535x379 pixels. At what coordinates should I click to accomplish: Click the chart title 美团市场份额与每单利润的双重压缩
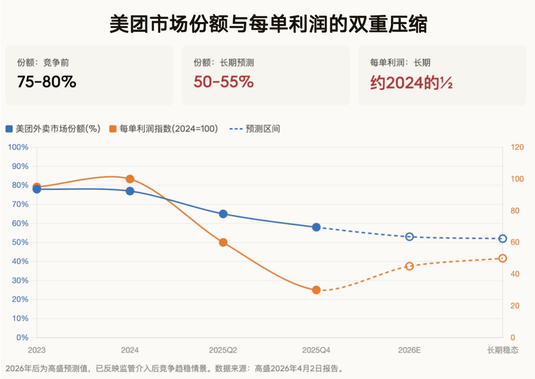point(268,24)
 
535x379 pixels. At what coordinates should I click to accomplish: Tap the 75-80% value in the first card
point(47,82)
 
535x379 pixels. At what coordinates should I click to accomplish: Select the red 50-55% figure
point(223,82)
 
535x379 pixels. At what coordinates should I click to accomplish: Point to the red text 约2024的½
point(411,83)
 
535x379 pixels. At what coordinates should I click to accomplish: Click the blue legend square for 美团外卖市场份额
point(9,129)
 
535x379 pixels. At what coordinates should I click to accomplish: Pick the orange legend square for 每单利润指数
point(113,129)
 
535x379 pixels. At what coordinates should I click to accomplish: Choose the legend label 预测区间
point(263,129)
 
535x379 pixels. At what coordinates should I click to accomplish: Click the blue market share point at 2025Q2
point(223,214)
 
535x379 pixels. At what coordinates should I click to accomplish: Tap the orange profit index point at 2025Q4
point(316,290)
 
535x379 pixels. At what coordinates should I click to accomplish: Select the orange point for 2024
point(130,179)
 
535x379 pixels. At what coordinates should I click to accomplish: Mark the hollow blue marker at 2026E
point(409,237)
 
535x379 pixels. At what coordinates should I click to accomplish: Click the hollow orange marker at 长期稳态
point(503,258)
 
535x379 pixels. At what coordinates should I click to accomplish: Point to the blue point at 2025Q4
point(316,227)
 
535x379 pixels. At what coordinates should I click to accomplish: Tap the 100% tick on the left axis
point(18,147)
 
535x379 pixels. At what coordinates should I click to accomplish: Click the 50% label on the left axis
point(20,242)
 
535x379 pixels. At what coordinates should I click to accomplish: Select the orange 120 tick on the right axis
point(517,147)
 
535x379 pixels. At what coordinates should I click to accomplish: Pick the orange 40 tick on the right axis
point(515,274)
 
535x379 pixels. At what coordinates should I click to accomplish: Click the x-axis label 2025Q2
point(223,350)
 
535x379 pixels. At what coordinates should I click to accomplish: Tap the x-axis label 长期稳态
point(503,350)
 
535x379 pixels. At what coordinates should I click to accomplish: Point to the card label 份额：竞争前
point(43,62)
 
